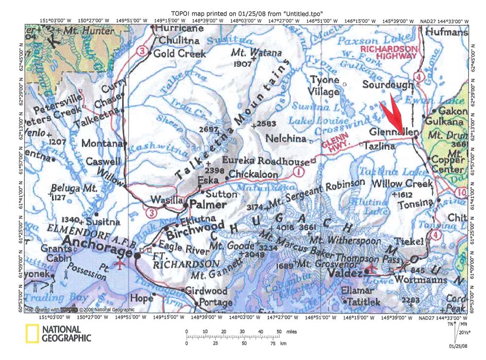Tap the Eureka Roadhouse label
pyautogui.click(x=265, y=161)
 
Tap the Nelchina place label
pyautogui.click(x=286, y=138)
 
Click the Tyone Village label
pyautogui.click(x=325, y=86)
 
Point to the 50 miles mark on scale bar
pyautogui.click(x=279, y=332)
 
